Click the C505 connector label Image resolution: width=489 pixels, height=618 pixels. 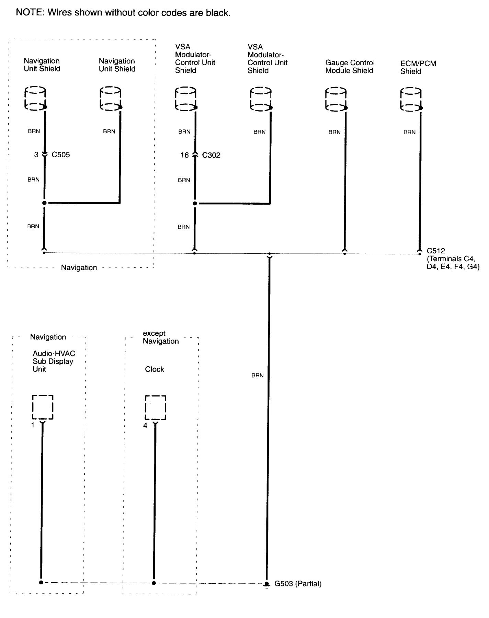tap(61, 154)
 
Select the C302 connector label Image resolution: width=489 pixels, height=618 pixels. tap(211, 155)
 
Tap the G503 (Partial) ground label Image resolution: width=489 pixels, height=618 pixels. tap(298, 584)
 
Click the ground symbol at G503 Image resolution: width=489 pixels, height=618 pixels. tap(267, 584)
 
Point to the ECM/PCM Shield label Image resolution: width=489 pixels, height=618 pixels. tap(418, 67)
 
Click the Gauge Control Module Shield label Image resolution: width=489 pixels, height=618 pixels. tap(350, 67)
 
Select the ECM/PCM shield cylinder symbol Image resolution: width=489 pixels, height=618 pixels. tap(411, 99)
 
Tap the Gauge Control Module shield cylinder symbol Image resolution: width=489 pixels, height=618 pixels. tap(336, 99)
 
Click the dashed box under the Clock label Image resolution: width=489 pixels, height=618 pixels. tap(155, 407)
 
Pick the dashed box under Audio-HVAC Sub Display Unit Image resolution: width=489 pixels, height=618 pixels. tap(43, 407)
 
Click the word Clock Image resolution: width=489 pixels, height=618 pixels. tap(155, 369)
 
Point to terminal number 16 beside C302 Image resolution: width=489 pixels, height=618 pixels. tap(185, 155)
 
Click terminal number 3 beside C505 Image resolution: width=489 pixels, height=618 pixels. tap(36, 154)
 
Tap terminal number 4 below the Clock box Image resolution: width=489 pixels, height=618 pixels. tap(145, 425)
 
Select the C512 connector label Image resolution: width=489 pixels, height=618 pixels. tap(436, 251)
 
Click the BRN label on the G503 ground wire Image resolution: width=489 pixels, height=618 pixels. tap(258, 375)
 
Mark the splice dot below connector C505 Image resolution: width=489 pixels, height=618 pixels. tap(44, 203)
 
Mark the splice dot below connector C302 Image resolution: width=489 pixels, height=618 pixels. tap(195, 204)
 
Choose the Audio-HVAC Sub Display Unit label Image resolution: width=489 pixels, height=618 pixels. tap(54, 361)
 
